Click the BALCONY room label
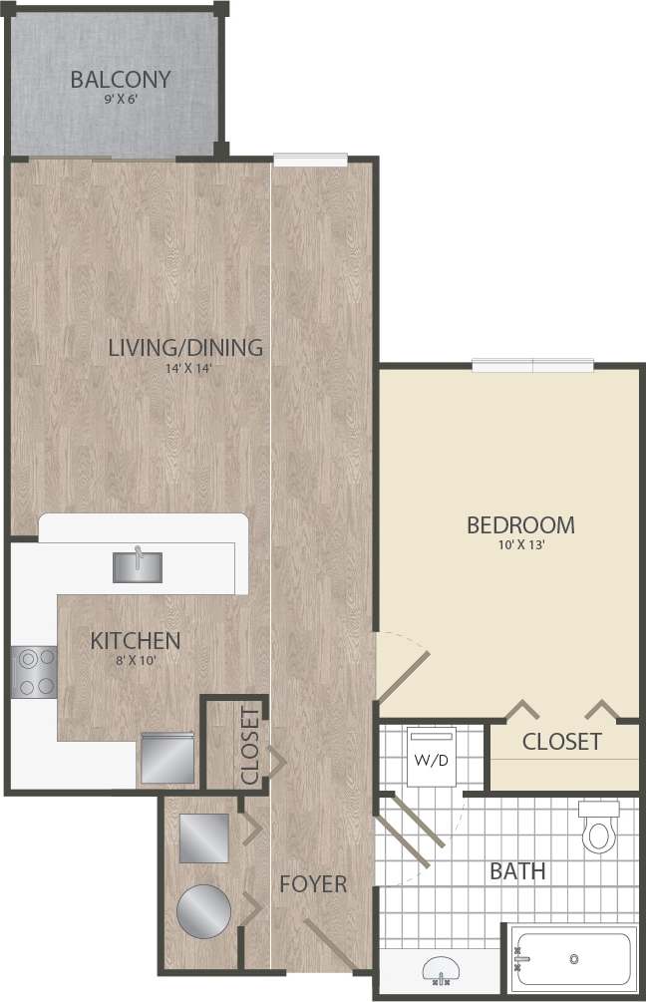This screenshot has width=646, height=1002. coord(121,79)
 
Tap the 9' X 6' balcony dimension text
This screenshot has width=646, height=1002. coord(121,101)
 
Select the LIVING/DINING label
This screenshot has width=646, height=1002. coord(185,348)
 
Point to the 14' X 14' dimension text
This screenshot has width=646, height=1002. coord(185,369)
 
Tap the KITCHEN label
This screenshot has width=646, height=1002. coord(136,640)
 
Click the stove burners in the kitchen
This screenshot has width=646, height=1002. coord(34,672)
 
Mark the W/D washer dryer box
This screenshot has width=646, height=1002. coord(432,761)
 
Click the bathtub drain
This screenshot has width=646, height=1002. coord(574,959)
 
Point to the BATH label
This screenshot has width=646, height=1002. coord(517,871)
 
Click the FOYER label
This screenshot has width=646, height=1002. coord(313,884)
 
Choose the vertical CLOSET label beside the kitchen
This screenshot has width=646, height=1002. coord(250,747)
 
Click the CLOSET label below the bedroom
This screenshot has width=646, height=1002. coord(562,741)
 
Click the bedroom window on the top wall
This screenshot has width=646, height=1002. coord(532,365)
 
